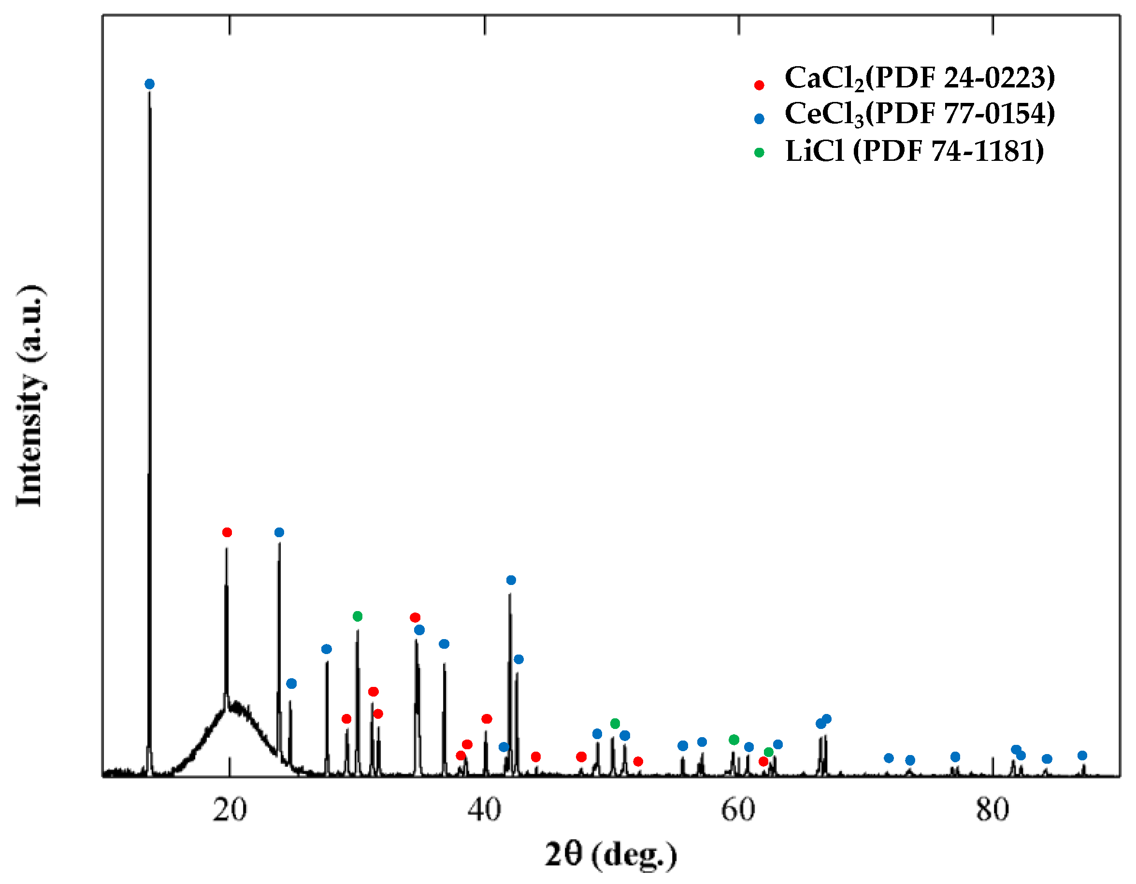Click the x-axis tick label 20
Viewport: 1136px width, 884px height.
(x=230, y=810)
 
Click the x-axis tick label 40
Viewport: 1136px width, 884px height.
(x=484, y=810)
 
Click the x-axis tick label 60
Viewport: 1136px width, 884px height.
(x=738, y=810)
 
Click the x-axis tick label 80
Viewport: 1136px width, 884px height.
(x=992, y=810)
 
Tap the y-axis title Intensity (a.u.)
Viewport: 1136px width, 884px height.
(x=31, y=395)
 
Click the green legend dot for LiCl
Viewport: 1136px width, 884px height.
(x=759, y=153)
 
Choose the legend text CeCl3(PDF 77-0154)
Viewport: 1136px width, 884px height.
(x=920, y=114)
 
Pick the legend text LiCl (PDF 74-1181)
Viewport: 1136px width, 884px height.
(x=914, y=151)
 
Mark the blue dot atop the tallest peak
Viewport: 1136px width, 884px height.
(x=149, y=84)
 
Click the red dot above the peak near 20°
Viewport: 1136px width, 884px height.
(x=227, y=532)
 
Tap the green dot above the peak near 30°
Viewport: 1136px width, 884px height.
(x=358, y=616)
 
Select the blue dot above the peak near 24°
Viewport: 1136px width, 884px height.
(x=279, y=532)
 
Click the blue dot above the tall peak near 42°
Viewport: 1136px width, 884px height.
(x=511, y=580)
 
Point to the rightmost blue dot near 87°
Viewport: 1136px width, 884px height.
(x=1082, y=756)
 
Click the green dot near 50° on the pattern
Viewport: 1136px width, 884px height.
(x=615, y=723)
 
